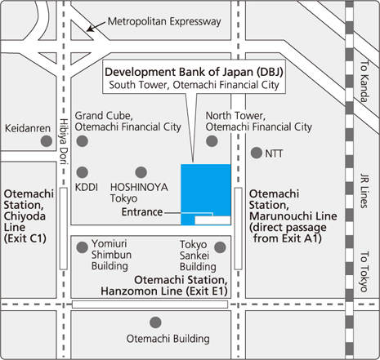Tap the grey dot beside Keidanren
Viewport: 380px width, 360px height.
coord(46,140)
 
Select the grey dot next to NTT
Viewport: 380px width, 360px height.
coord(257,153)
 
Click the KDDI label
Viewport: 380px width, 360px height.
coord(86,187)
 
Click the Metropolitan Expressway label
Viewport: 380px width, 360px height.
coord(165,21)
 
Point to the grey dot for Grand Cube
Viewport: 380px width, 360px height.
coord(82,140)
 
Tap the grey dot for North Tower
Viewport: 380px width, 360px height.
coord(212,140)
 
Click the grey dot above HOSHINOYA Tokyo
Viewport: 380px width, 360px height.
coord(141,171)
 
